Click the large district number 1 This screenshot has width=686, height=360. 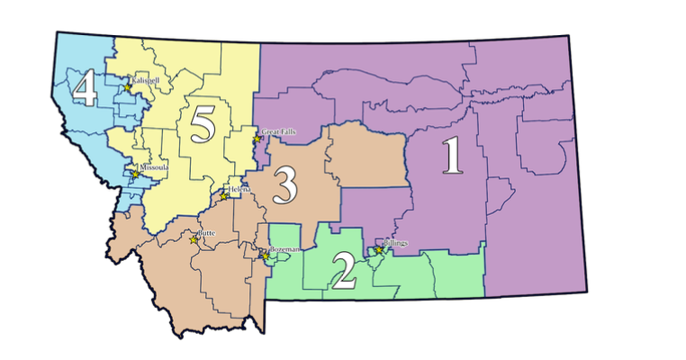click(452, 158)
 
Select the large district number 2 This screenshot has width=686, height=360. click(344, 273)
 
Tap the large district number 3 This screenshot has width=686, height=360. click(284, 186)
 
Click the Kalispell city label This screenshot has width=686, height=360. click(145, 80)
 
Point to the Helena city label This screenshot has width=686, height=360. click(239, 189)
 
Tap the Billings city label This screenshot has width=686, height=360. click(394, 243)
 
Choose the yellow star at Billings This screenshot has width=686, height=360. click(378, 249)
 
